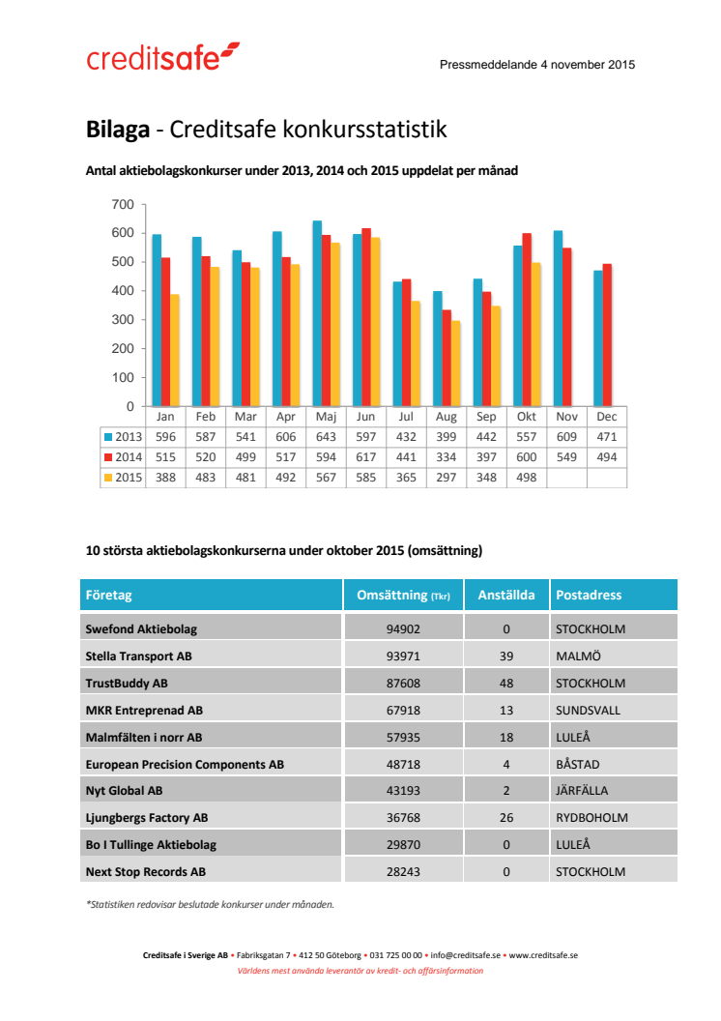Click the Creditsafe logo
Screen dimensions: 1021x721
[x=162, y=58]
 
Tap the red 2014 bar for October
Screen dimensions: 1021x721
[x=527, y=319]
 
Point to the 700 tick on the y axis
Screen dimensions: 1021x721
[x=123, y=204]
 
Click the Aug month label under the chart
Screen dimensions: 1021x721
[x=446, y=417]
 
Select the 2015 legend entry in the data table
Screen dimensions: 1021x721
[x=124, y=478]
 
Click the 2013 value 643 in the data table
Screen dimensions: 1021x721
[x=326, y=437]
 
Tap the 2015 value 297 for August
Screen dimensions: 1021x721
[x=446, y=478]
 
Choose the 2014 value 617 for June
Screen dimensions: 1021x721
[x=365, y=457]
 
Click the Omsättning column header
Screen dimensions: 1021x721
[x=403, y=596]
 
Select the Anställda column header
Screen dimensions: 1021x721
[x=506, y=596]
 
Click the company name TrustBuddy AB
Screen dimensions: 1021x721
[x=127, y=683]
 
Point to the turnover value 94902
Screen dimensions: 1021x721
[x=403, y=628]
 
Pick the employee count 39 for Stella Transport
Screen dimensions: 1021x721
[x=506, y=656]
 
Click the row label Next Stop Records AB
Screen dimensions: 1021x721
[x=146, y=871]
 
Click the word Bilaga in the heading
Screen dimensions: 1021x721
[x=117, y=129]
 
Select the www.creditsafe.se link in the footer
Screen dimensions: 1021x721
[x=543, y=955]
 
